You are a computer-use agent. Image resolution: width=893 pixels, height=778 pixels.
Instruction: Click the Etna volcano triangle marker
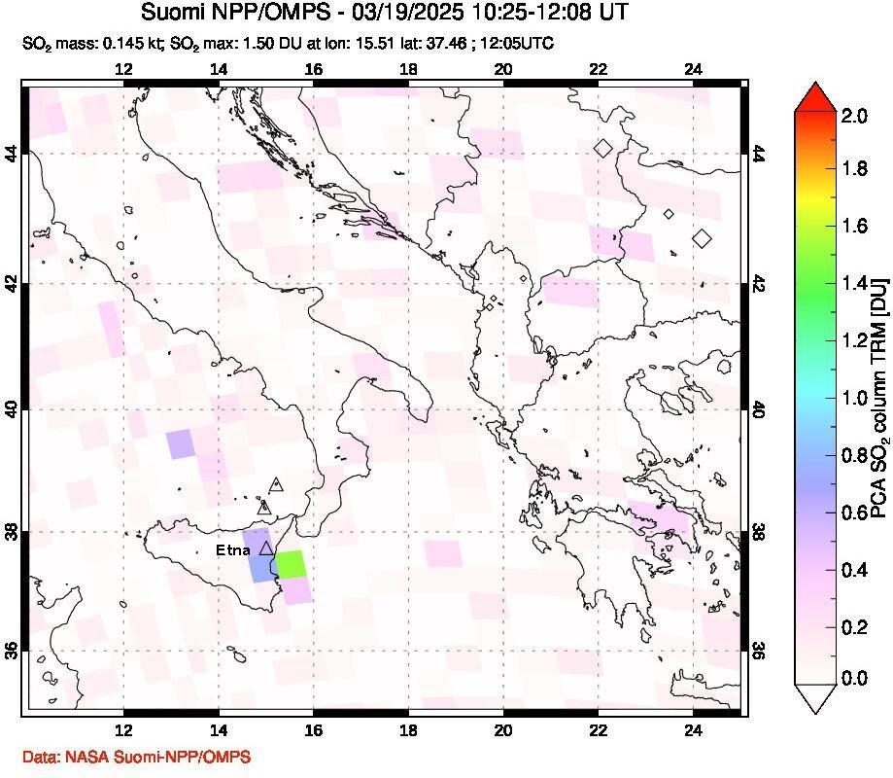[x=266, y=548]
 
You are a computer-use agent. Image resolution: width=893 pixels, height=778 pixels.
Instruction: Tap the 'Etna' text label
[x=233, y=550]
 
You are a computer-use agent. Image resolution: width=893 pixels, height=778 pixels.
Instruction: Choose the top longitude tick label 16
[x=313, y=69]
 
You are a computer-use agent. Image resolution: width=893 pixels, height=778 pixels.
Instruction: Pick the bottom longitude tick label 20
[x=503, y=731]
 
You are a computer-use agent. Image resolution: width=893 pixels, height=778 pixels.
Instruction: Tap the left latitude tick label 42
[x=13, y=284]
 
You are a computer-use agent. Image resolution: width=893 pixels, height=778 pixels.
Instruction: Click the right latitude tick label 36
[x=759, y=650]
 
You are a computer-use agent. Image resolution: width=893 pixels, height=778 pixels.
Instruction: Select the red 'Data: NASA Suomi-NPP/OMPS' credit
[x=135, y=756]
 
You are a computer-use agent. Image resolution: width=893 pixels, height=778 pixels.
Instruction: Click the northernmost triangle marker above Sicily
[x=276, y=483]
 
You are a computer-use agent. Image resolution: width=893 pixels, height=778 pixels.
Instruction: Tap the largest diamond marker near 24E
[x=702, y=238]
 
